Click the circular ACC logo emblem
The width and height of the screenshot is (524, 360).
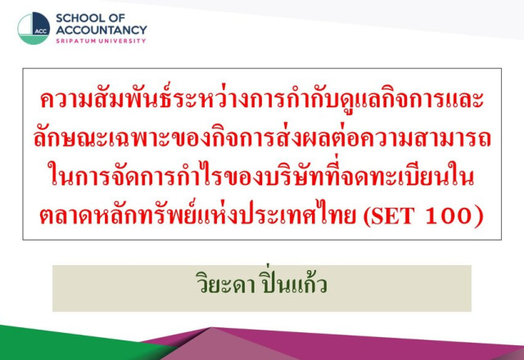click(x=34, y=29)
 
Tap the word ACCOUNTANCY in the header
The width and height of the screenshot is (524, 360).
click(x=102, y=30)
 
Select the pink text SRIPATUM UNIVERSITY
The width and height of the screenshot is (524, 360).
click(x=101, y=41)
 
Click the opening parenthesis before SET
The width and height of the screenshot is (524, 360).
click(x=367, y=216)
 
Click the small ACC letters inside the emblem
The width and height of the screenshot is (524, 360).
click(x=41, y=32)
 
